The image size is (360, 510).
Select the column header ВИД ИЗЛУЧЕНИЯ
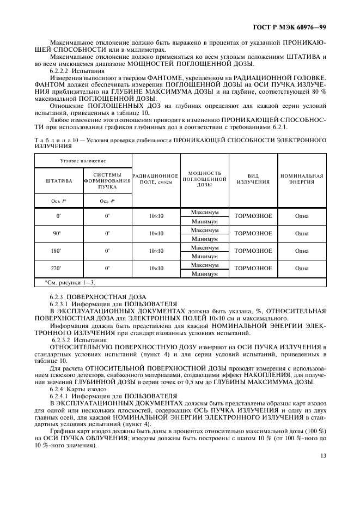tap(253, 179)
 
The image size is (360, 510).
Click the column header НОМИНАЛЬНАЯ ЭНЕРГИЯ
tap(302, 179)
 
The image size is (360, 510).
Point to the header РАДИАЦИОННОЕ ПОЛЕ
tap(156, 179)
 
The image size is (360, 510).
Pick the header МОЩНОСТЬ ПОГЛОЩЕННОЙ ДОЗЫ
tap(204, 179)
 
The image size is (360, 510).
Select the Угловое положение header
tap(83, 161)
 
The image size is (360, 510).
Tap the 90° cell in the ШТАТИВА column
tap(59, 234)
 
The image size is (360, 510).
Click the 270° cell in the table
tap(59, 269)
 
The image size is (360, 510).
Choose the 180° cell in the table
tap(59, 251)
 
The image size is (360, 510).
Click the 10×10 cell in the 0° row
tap(156, 216)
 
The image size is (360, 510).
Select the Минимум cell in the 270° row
tap(204, 274)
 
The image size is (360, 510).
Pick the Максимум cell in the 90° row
tap(204, 230)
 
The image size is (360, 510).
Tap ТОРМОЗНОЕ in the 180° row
tap(253, 251)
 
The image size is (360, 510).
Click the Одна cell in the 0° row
tap(302, 216)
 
